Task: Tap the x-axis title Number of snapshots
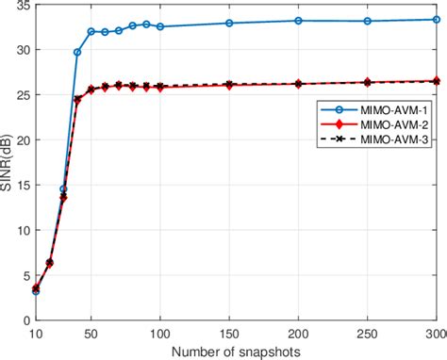(x=236, y=351)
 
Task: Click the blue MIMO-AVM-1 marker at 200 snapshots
(x=298, y=20)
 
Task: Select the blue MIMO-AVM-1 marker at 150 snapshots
(x=229, y=23)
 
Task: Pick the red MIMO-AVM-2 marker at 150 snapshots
(x=229, y=85)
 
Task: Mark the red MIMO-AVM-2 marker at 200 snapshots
(x=298, y=84)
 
